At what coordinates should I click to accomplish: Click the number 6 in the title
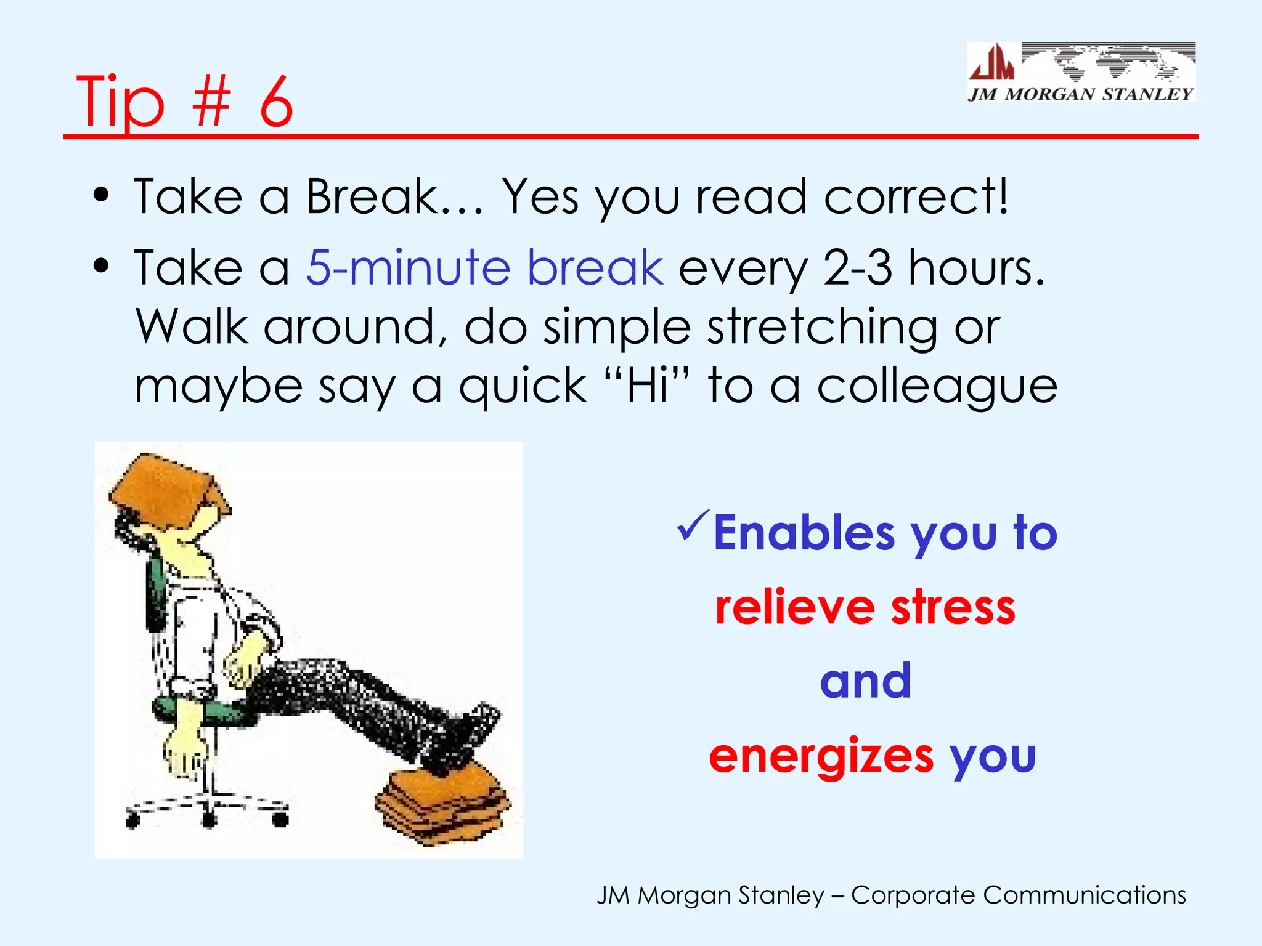pos(275,102)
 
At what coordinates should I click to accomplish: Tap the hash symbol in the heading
pos(211,102)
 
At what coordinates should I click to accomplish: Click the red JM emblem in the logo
pos(991,63)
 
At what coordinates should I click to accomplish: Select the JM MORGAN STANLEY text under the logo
pos(1081,94)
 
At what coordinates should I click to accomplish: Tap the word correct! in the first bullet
pos(917,196)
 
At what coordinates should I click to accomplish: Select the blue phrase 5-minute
pos(409,268)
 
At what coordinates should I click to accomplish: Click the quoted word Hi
pos(648,386)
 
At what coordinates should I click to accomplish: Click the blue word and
pos(865,681)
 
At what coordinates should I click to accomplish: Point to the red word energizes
pos(821,756)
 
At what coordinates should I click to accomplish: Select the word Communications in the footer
pos(1084,895)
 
